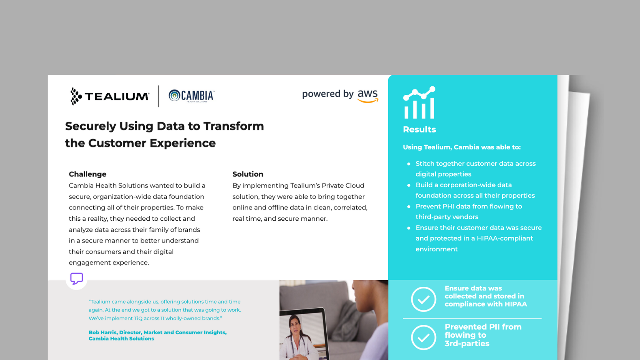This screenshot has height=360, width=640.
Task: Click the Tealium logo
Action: (110, 96)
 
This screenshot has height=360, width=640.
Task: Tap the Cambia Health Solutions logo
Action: (191, 96)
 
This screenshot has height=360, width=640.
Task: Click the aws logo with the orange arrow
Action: (368, 96)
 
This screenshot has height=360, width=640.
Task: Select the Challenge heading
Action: (88, 174)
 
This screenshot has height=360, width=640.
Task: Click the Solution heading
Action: (248, 174)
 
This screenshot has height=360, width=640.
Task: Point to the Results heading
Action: (419, 130)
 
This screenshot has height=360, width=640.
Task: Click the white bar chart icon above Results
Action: (419, 103)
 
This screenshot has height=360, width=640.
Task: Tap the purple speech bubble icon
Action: (76, 278)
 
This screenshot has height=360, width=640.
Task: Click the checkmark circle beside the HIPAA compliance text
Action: (423, 299)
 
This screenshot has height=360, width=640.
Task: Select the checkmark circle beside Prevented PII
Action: (423, 337)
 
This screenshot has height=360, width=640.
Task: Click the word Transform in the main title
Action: (233, 126)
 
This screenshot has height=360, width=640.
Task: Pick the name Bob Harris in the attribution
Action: (102, 332)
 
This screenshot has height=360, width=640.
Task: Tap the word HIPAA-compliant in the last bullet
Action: (504, 238)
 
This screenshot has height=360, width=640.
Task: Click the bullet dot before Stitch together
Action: (409, 164)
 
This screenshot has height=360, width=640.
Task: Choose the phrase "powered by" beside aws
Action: (327, 94)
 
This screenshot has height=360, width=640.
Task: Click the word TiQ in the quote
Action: (138, 318)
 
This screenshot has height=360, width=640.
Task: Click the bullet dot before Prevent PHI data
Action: (409, 206)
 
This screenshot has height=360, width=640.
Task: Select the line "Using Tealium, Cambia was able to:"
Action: (461, 147)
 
